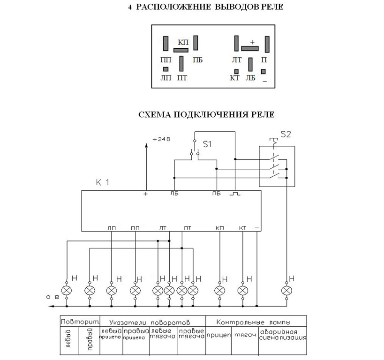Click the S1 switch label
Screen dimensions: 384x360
pos(207,144)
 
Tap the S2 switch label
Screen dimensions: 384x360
pos(286,135)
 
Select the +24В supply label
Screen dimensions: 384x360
pos(161,139)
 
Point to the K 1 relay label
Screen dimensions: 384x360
pos(103,182)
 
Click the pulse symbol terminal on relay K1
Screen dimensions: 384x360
pos(235,194)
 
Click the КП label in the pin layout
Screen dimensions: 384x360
pos(183,42)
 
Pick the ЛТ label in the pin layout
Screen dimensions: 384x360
pos(237,60)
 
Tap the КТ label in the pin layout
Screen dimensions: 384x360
pos(234,78)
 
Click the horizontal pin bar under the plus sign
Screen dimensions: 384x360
pos(250,48)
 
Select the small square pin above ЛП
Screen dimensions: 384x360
pos(166,69)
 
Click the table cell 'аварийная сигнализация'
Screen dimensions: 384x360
pos(283,335)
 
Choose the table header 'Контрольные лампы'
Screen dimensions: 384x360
pos(254,322)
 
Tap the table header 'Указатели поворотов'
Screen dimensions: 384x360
pos(150,322)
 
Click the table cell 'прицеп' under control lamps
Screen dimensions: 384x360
pos(218,335)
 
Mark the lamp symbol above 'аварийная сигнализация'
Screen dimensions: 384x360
pos(286,291)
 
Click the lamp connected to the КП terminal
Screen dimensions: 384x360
pos(220,291)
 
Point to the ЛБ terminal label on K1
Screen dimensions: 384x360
pos(174,194)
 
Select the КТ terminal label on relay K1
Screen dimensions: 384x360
pos(242,228)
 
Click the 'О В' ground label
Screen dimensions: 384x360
pos(53,297)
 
